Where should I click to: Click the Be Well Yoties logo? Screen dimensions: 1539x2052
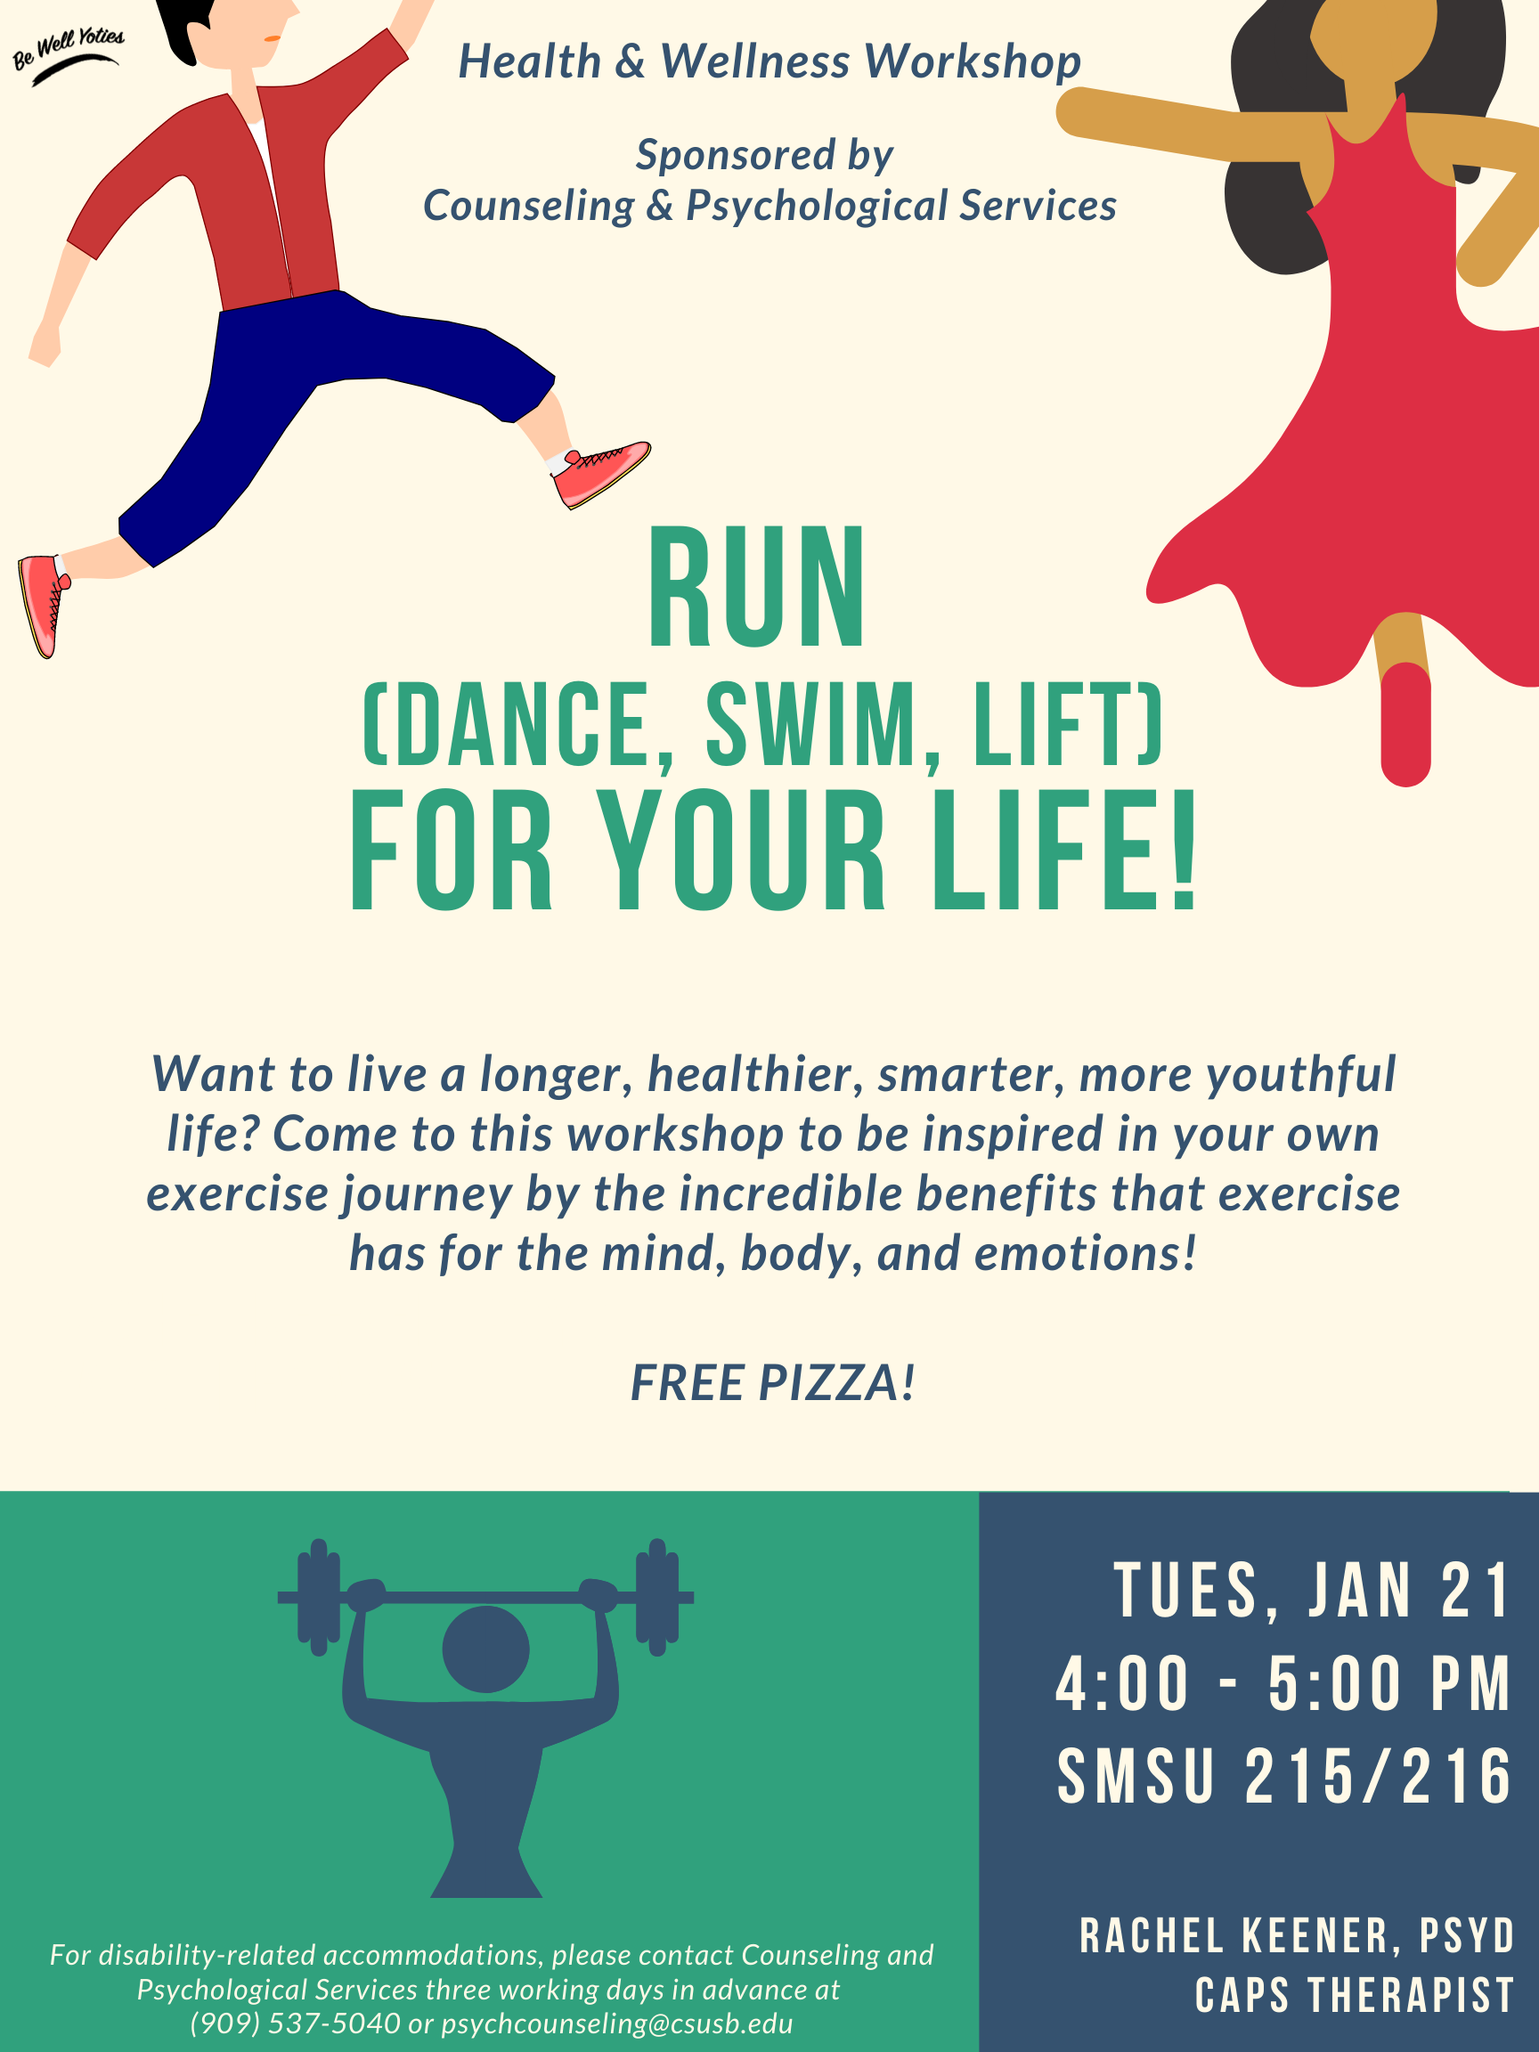[x=68, y=55]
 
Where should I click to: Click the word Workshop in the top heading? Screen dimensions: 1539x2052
[x=973, y=62]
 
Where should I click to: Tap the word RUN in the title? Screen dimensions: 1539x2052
[x=757, y=588]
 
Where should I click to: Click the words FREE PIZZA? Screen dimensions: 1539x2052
[x=773, y=1383]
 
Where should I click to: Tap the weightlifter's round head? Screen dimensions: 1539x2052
[x=485, y=1649]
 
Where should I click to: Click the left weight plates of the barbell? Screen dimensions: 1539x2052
[x=318, y=1597]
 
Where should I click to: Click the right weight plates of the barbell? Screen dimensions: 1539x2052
[x=656, y=1597]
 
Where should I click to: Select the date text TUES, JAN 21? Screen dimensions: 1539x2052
[x=1313, y=1591]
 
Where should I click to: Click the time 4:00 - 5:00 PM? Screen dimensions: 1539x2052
[x=1284, y=1683]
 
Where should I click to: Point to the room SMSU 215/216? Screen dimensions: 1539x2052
[x=1285, y=1777]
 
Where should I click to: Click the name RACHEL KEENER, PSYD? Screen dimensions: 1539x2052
[x=1297, y=1937]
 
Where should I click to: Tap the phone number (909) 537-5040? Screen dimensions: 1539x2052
[x=295, y=2023]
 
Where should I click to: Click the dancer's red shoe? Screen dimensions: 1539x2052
[x=1405, y=723]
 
